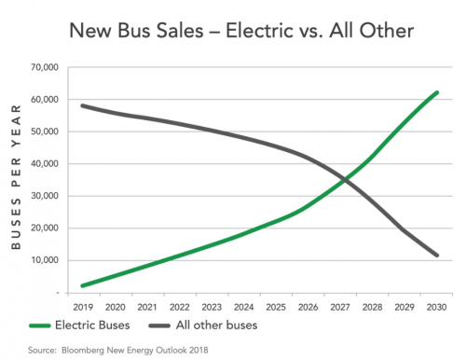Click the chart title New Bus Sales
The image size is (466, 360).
point(136,31)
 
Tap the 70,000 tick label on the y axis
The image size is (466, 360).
point(45,67)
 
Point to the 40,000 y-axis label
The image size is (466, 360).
point(45,163)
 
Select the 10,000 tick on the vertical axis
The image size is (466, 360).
point(45,260)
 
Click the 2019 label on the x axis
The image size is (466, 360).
point(83,307)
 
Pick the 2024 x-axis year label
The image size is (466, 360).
point(244,307)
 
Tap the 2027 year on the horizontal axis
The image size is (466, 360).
point(340,307)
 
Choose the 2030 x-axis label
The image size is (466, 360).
point(436,307)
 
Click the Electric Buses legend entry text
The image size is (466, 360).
point(92,325)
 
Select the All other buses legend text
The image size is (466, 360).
point(216,325)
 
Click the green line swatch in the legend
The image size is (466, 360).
point(40,325)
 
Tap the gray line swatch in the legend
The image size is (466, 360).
point(159,325)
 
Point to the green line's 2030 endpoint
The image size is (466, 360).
point(437,92)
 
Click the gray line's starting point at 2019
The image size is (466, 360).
point(83,105)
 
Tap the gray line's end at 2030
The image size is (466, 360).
point(437,256)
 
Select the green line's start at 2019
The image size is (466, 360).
point(83,285)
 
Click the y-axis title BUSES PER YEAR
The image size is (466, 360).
point(16,177)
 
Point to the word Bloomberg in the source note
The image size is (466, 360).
point(83,351)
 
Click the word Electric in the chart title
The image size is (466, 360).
point(259,31)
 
